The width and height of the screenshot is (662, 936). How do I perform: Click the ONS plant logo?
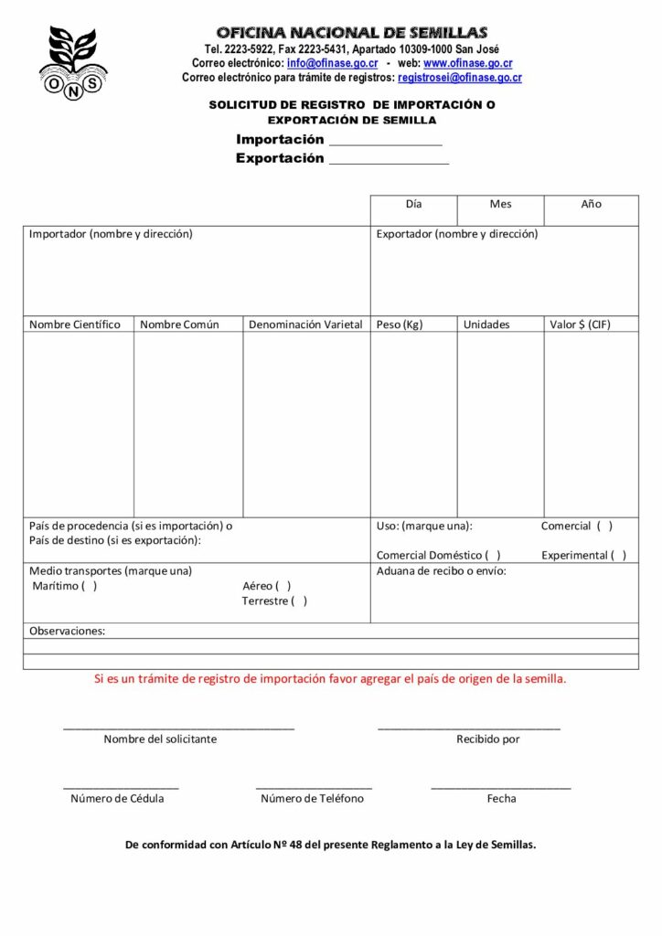pos(73,61)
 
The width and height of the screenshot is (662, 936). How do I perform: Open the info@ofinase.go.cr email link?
pos(332,63)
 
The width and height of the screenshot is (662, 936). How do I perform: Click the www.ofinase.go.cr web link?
pos(467,63)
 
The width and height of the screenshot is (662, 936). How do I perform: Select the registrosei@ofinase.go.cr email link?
pos(460,78)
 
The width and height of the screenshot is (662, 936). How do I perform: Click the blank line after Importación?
pos(385,143)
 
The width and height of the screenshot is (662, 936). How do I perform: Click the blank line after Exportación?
pos(389,162)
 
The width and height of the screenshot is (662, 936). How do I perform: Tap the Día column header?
pos(413,204)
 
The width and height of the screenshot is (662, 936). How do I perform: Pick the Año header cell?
pos(591,204)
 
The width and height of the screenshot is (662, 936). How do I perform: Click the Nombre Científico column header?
pos(75,324)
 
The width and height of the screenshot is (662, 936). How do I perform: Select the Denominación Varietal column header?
pos(305,324)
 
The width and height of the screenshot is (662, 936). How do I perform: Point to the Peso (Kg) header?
pos(400,324)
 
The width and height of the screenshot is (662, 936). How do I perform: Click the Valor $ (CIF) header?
pos(580,324)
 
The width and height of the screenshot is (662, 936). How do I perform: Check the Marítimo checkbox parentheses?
pos(89,586)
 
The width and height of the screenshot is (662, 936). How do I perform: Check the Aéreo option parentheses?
pos(283,586)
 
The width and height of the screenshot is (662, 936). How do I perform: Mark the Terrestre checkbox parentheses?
pos(299,601)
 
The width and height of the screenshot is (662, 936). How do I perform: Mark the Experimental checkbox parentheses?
pos(619,555)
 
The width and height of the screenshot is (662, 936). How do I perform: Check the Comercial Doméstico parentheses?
pos(493,555)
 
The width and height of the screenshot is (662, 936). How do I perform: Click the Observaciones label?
pos(67,631)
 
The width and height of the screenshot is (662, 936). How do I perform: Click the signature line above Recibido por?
pos(469,728)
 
